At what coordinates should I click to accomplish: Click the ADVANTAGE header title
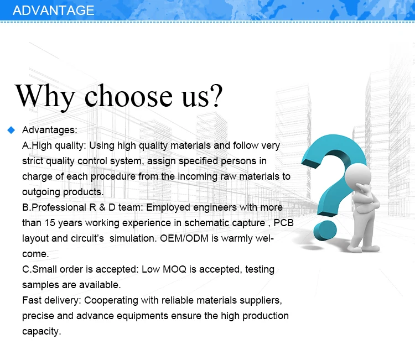click(x=54, y=11)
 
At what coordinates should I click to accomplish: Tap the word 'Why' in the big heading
click(x=45, y=97)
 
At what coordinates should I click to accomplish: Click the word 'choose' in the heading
click(x=128, y=95)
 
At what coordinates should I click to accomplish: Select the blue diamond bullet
click(x=11, y=130)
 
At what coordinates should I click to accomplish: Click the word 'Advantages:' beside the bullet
click(x=49, y=130)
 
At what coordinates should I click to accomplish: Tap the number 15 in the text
click(x=50, y=223)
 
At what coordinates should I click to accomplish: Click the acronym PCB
click(x=283, y=223)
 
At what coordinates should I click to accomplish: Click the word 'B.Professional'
click(x=54, y=207)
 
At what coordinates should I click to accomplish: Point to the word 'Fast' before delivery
click(x=32, y=300)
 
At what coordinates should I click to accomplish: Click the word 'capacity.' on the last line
click(x=41, y=331)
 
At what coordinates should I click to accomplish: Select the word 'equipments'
click(x=142, y=316)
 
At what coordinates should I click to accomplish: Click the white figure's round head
click(x=357, y=176)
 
